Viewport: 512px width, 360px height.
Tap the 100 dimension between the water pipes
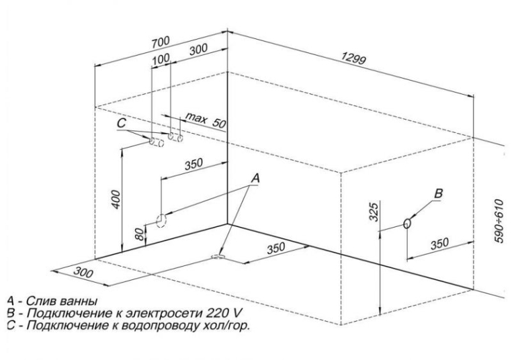pos(161,60)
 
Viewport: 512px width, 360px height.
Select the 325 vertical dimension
pos(374,214)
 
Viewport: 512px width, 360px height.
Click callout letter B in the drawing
pos(439,193)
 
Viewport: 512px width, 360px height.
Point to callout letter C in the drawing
pos(121,124)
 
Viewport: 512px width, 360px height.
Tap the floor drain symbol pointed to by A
pos(218,256)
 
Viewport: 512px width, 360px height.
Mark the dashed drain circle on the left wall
pos(162,220)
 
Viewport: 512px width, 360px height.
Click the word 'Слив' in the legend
pos(33,300)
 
